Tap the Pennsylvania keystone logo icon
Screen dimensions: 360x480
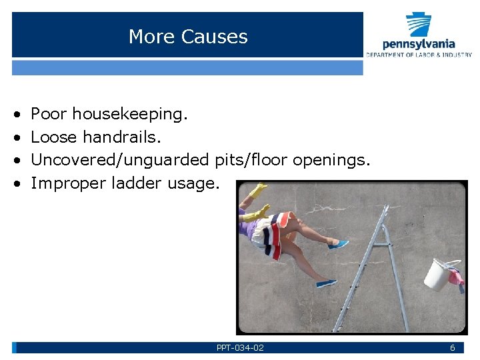(x=419, y=25)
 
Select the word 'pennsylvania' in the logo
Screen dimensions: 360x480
(x=419, y=45)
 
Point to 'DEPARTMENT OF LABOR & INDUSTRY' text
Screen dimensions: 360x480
(x=419, y=55)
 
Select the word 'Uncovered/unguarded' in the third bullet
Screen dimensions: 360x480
(x=121, y=160)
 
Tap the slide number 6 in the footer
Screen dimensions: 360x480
(x=452, y=348)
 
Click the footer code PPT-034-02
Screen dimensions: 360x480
(x=240, y=348)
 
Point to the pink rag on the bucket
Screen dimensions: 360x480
(x=456, y=276)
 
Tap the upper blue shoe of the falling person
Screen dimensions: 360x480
(x=338, y=245)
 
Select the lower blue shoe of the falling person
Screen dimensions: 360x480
(x=327, y=283)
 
